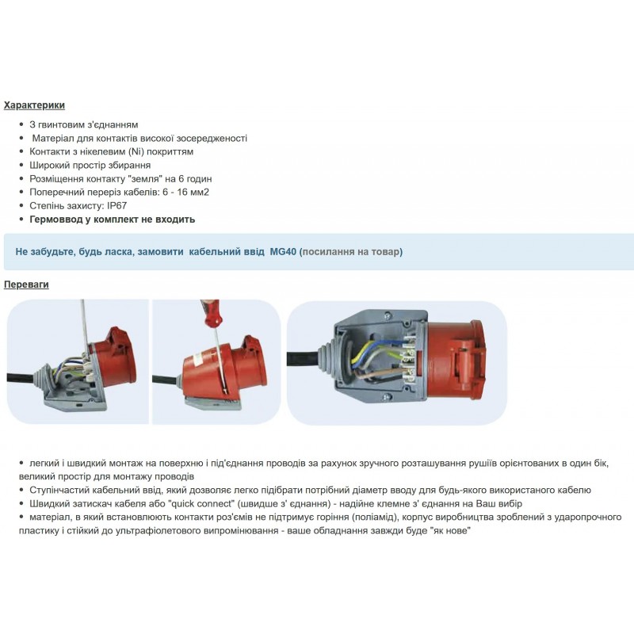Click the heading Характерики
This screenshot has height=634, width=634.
(x=34, y=105)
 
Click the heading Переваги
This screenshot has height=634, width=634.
(x=26, y=285)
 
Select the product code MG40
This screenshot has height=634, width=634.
(x=282, y=252)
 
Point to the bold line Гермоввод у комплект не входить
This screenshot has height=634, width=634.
(x=112, y=220)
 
